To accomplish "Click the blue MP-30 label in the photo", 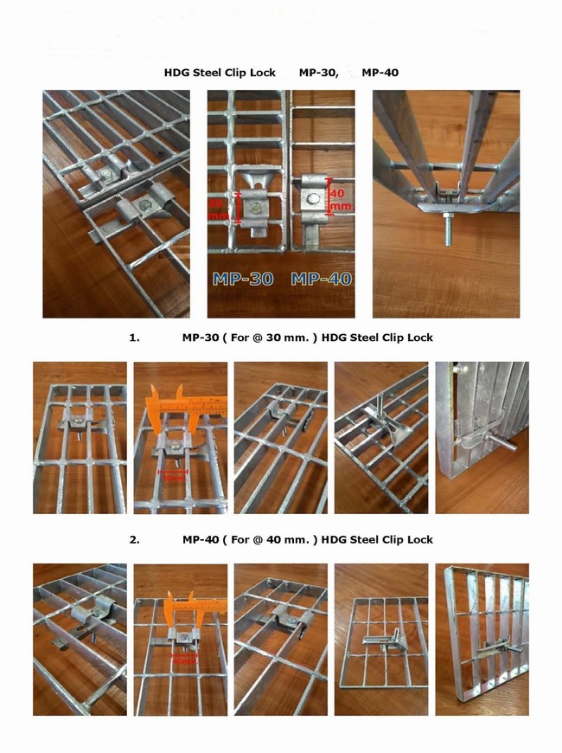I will pyautogui.click(x=243, y=279).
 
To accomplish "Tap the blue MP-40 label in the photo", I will pyautogui.click(x=320, y=279).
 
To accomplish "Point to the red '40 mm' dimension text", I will pyautogui.click(x=341, y=200).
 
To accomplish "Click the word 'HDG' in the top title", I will pyautogui.click(x=177, y=73).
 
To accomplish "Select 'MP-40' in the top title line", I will pyautogui.click(x=380, y=73).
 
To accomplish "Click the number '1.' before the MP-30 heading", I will pyautogui.click(x=134, y=338).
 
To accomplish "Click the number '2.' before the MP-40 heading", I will pyautogui.click(x=134, y=539).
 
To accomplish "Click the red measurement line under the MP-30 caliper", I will pyautogui.click(x=176, y=473).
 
